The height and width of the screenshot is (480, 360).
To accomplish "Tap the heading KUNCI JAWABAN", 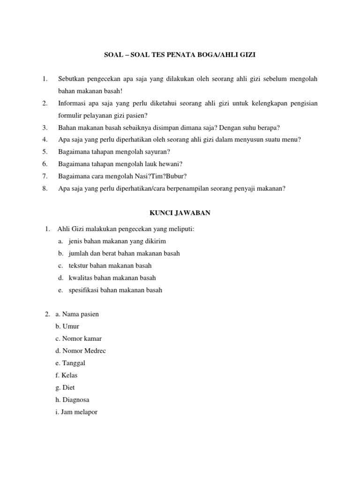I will click(x=180, y=213).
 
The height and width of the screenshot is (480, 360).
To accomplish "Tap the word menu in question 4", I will click(x=291, y=140).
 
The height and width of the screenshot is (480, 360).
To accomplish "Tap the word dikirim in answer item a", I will click(x=155, y=241).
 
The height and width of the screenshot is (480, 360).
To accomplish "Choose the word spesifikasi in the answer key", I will click(x=83, y=290).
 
